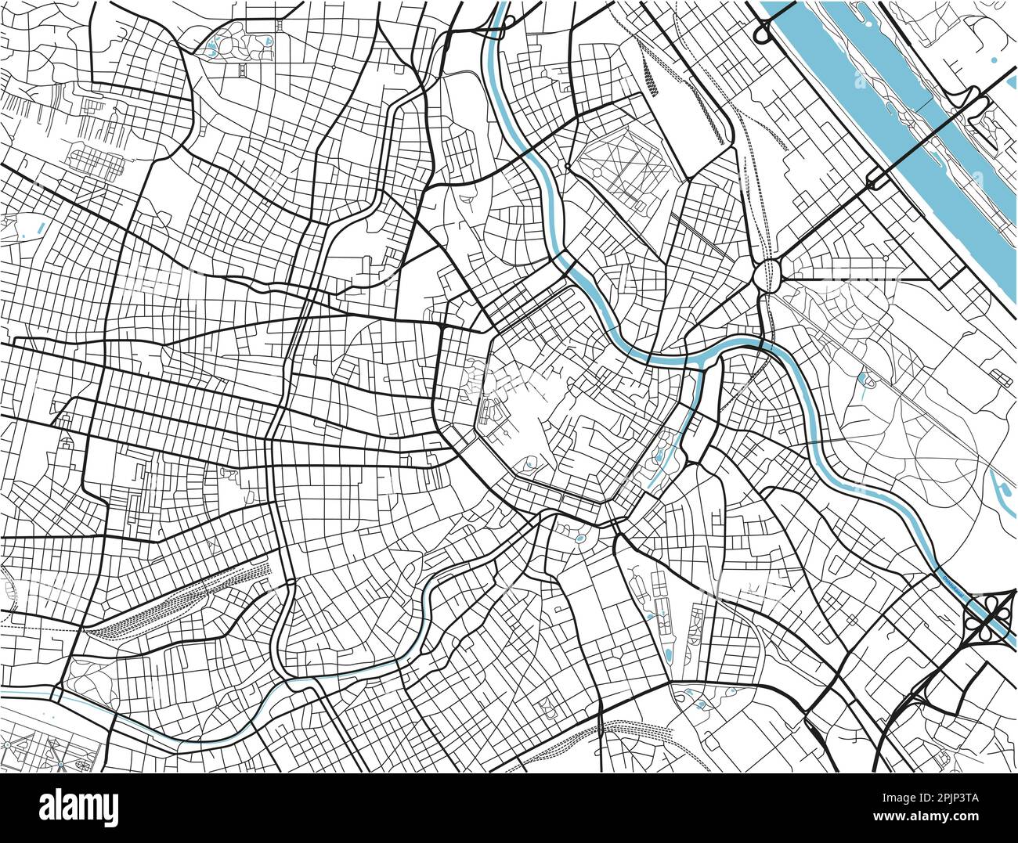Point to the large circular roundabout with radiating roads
(767, 276)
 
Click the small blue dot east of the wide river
(994, 59)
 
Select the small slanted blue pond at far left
(39, 230)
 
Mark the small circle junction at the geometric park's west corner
(566, 167)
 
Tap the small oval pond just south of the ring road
(580, 539)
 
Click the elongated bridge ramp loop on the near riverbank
(875, 182)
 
